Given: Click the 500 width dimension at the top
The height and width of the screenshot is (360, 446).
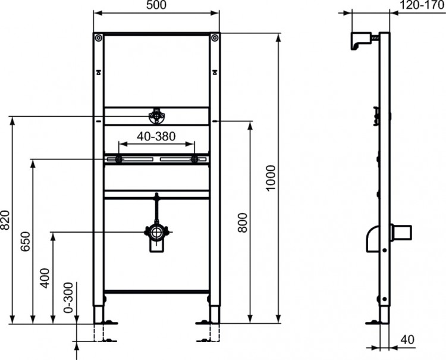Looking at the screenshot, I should point(156,5).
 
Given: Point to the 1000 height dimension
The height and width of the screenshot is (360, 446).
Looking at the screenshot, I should point(271,178).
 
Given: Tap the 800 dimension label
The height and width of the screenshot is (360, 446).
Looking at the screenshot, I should point(242,223).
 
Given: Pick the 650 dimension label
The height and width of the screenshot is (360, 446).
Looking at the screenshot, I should point(26,241).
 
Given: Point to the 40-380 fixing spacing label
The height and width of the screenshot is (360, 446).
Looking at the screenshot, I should point(156,136).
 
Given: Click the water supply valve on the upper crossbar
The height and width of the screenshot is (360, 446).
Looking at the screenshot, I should point(156,115).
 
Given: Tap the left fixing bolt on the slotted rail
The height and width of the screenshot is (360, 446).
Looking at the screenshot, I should point(119,159).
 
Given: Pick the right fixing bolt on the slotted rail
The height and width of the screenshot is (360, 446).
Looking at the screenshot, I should point(194,159).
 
